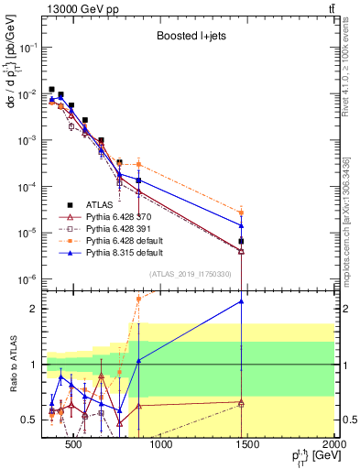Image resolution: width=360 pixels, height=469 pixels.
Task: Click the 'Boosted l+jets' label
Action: coord(188,38)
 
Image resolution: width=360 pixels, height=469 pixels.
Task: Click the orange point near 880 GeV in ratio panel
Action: coord(138,299)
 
